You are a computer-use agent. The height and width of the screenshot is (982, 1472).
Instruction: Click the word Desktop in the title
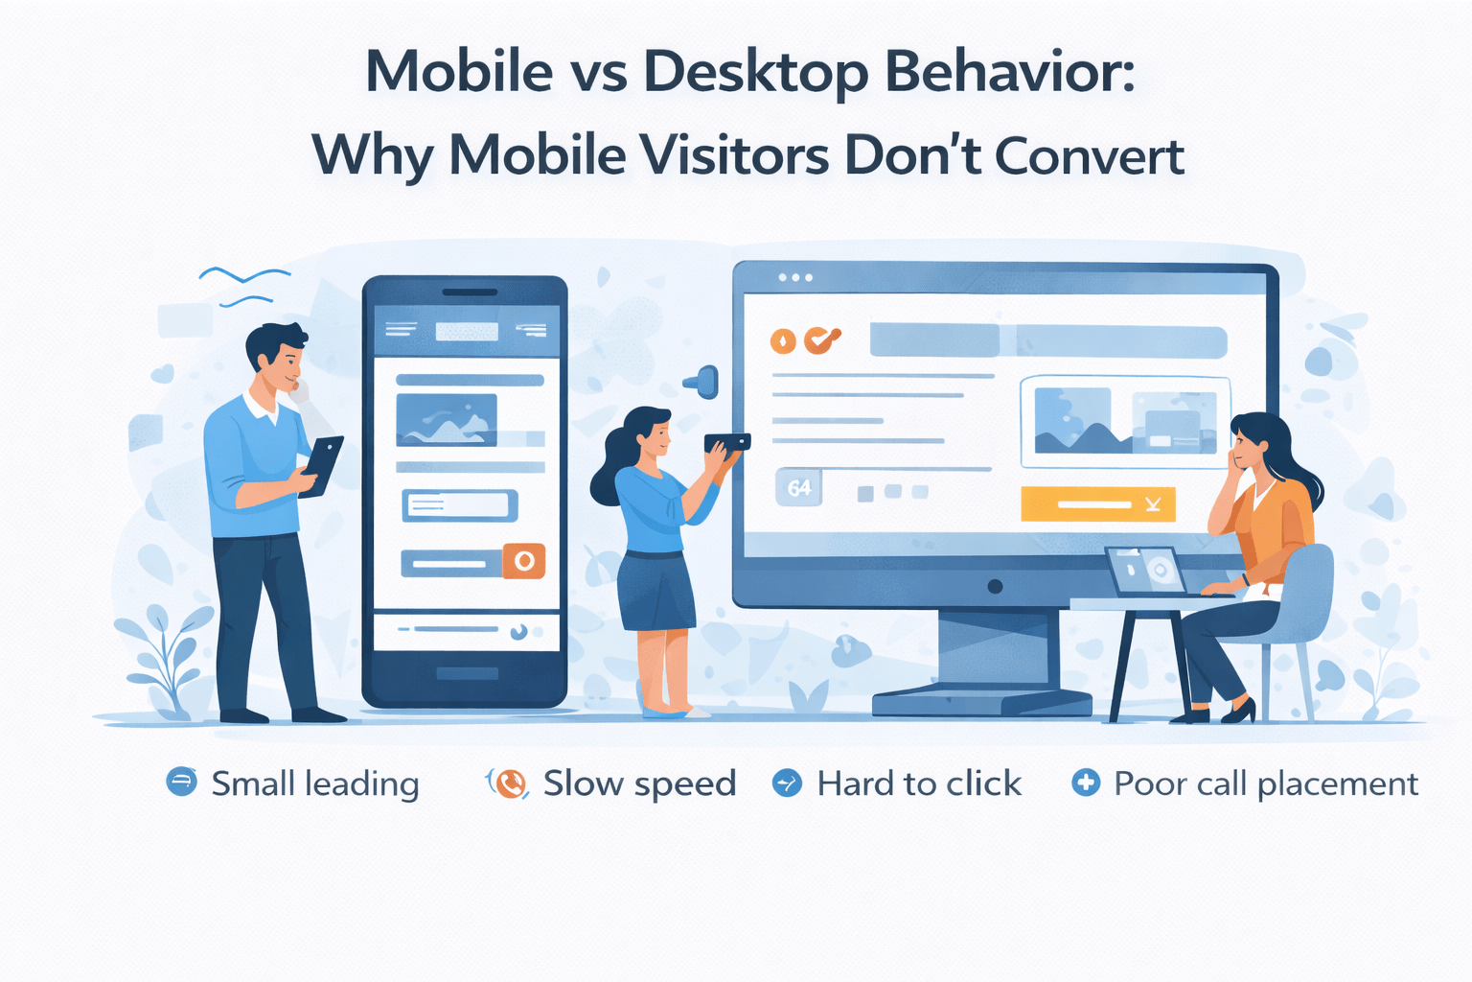[x=755, y=73]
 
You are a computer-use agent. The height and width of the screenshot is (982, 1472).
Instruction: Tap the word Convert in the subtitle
[x=1090, y=156]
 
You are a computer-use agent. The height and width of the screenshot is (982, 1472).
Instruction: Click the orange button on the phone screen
[x=524, y=561]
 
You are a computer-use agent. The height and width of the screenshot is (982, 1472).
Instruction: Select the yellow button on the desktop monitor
[x=1097, y=504]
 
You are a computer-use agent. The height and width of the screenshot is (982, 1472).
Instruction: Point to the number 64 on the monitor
[x=799, y=488]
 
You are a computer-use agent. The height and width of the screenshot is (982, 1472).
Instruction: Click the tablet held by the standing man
[x=322, y=465]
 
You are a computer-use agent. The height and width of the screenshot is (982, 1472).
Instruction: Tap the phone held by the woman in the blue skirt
[x=727, y=443]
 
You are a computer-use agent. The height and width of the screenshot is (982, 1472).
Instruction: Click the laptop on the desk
[x=1145, y=572]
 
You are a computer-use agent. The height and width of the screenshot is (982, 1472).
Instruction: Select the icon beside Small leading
[x=181, y=783]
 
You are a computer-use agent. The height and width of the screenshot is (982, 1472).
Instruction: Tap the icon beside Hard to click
[x=787, y=783]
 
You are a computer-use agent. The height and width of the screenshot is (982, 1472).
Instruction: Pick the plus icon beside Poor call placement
[x=1085, y=783]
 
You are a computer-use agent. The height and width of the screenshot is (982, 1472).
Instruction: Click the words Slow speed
[x=639, y=783]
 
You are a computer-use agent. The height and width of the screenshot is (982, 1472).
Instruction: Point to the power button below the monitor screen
[x=995, y=586]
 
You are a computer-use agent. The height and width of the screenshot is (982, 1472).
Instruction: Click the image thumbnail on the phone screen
[x=447, y=420]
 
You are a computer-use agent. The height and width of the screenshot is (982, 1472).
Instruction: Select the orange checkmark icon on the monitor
[x=820, y=339]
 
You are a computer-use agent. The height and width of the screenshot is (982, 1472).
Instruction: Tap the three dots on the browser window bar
[x=795, y=277]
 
